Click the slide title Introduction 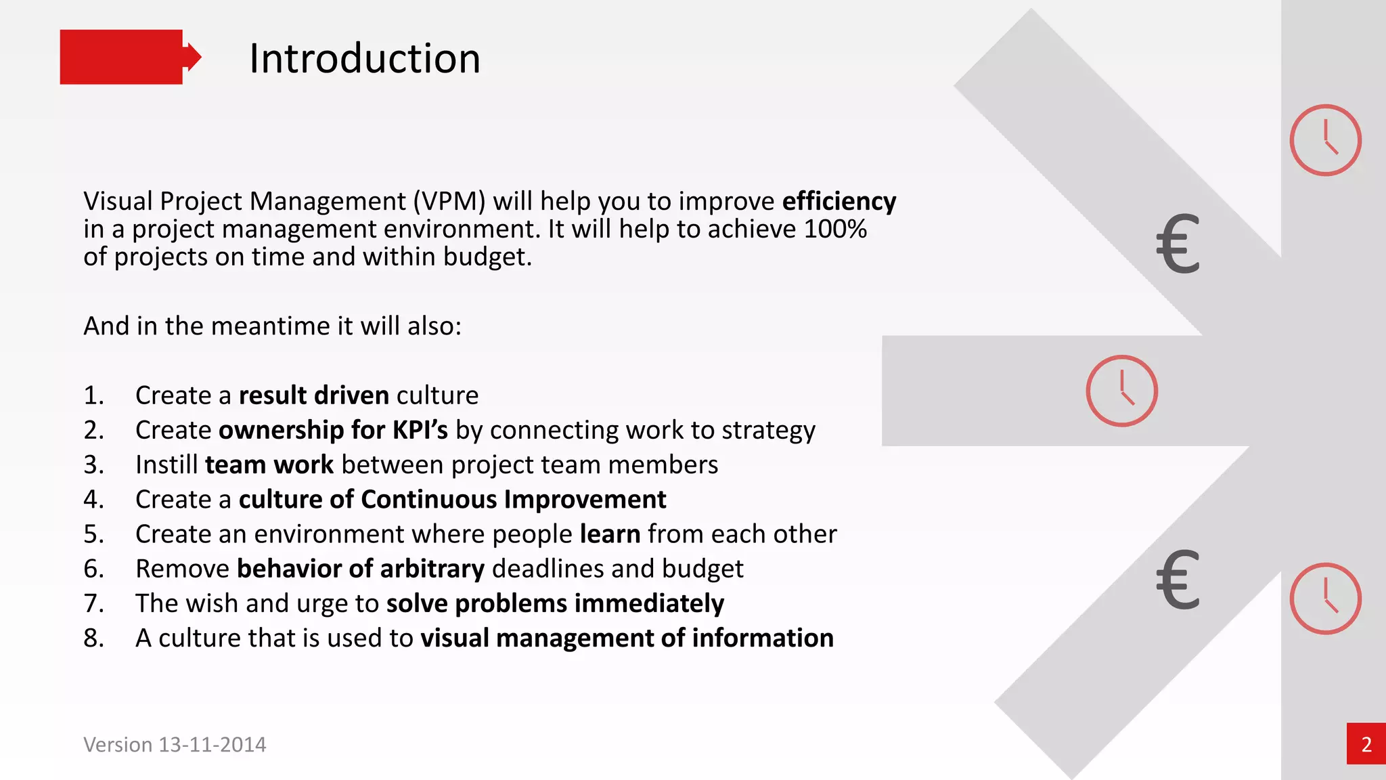(364, 58)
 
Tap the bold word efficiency (839, 201)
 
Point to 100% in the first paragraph (835, 229)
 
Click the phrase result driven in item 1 (313, 395)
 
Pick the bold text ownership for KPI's (333, 430)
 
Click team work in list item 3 (269, 464)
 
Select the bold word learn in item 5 (610, 534)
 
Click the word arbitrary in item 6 (432, 568)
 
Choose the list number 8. (93, 638)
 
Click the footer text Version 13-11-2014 (175, 744)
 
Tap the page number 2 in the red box (1366, 744)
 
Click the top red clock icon (1324, 140)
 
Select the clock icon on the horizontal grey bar (1121, 391)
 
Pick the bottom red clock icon (1324, 599)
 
